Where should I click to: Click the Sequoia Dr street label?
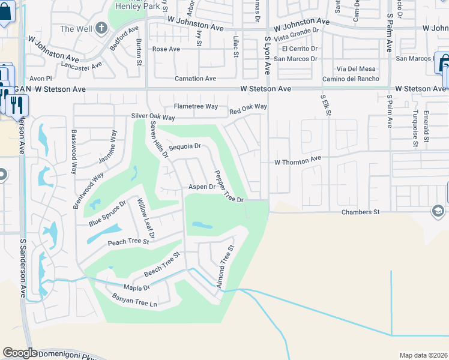(184, 146)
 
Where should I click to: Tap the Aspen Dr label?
(202, 187)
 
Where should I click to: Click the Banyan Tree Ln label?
(134, 299)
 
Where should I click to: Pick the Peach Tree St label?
(128, 242)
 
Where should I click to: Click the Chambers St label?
(361, 212)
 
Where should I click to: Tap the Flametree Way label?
(196, 106)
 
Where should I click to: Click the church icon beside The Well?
(101, 28)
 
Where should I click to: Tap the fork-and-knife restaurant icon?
(16, 104)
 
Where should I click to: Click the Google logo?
(20, 353)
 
